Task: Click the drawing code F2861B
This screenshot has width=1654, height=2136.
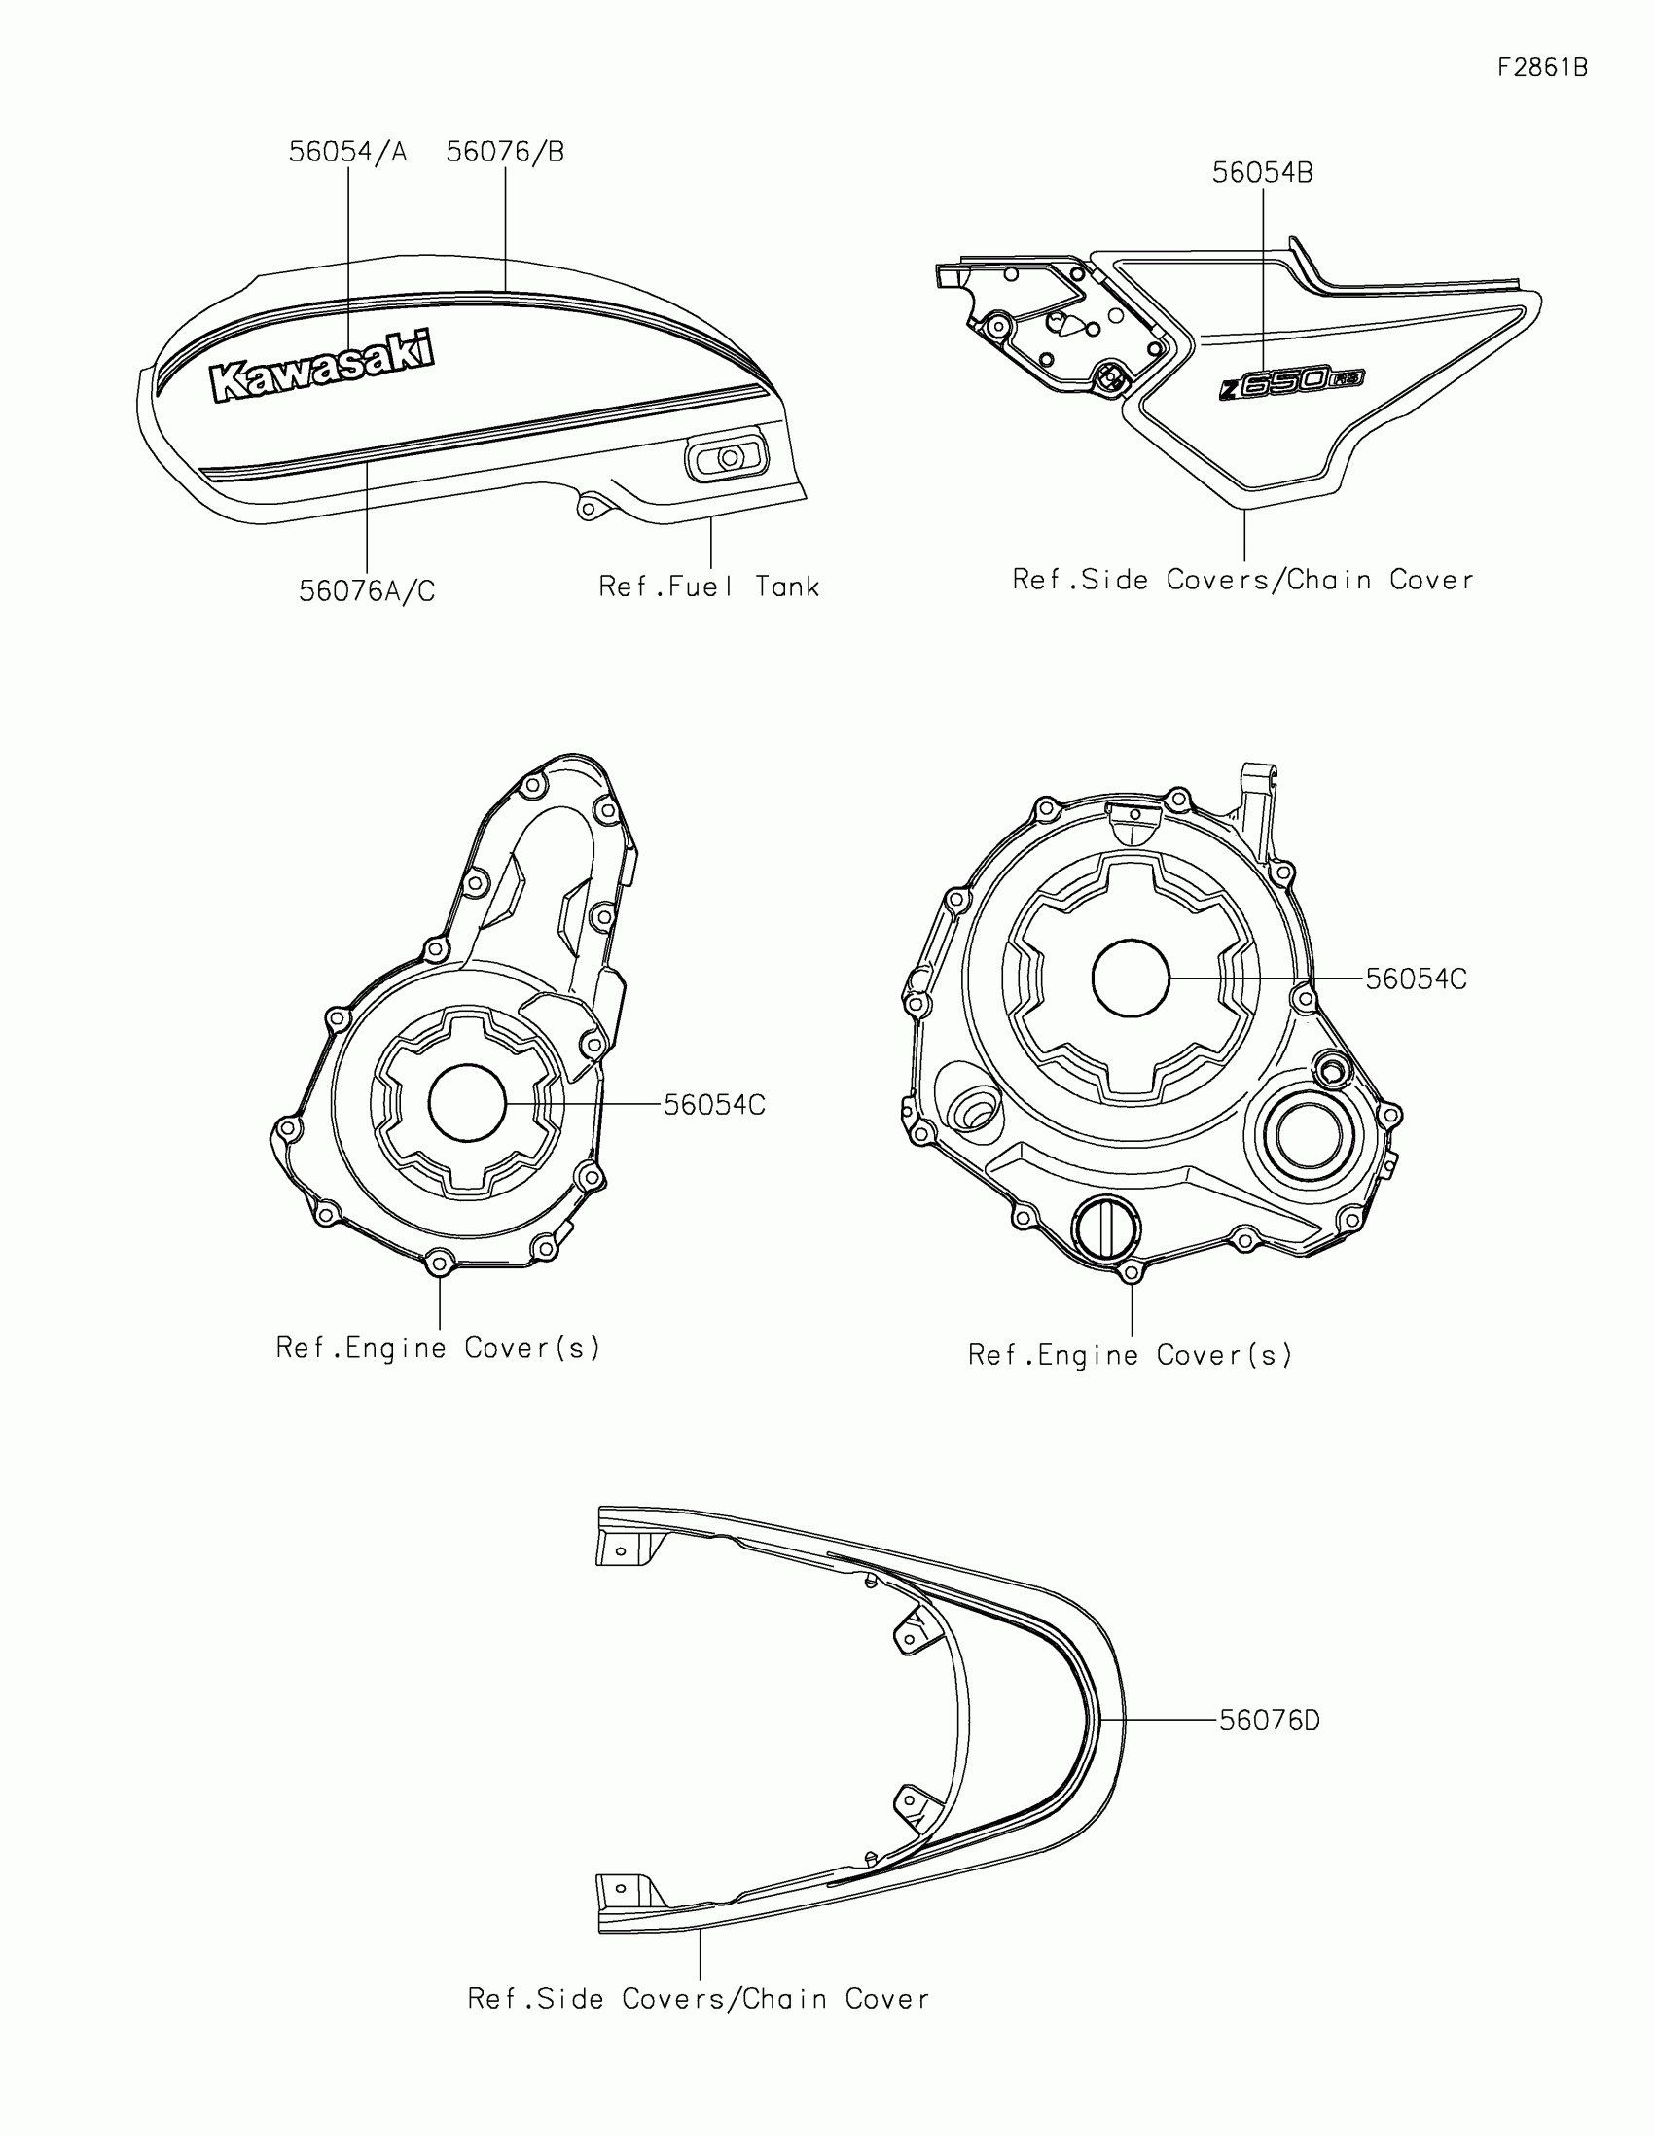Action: (1542, 67)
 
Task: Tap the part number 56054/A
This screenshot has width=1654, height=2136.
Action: (347, 153)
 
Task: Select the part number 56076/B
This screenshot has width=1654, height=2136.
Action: (505, 153)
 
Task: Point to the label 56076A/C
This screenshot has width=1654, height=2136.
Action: (367, 590)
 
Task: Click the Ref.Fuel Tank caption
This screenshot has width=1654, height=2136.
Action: (709, 587)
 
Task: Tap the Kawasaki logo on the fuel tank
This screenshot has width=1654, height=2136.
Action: (323, 367)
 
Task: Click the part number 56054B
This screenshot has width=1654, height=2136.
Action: (1262, 173)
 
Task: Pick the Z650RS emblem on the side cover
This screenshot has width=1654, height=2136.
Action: (1291, 381)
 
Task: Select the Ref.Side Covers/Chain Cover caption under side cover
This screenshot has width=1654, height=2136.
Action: (1242, 580)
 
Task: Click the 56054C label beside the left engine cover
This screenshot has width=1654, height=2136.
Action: (714, 1105)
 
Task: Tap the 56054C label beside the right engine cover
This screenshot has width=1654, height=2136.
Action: (1416, 979)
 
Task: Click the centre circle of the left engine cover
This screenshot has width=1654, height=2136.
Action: (468, 1103)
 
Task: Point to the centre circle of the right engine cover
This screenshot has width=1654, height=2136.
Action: (1131, 977)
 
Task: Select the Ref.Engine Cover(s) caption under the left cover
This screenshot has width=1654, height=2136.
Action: (438, 1348)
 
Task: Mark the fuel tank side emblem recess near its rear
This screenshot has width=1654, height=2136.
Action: (726, 458)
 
